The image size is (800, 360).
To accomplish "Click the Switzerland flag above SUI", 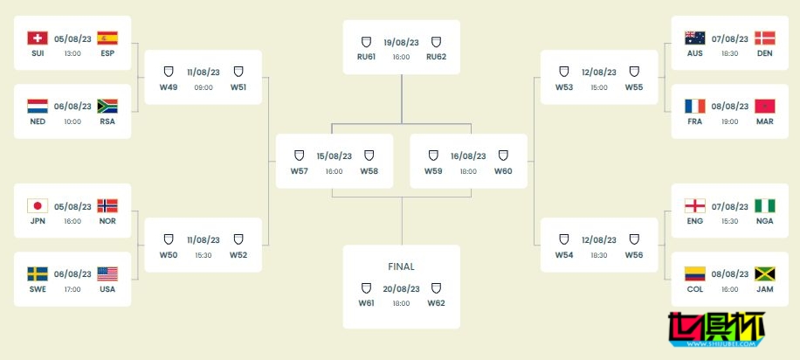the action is (38, 38).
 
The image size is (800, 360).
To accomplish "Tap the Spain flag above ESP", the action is (107, 38).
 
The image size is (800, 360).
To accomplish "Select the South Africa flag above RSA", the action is (107, 107).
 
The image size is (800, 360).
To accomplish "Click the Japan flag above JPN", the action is (38, 206).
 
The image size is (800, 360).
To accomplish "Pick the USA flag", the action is (107, 273).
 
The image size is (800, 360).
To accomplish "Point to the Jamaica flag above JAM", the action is (765, 273).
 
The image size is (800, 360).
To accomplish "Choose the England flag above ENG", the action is (695, 206).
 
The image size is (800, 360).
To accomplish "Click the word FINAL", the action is (402, 267).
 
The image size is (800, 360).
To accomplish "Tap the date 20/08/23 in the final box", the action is (402, 289).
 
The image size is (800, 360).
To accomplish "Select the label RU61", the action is (366, 57).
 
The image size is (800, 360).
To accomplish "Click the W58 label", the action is (369, 171).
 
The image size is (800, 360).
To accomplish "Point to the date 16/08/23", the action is (468, 156).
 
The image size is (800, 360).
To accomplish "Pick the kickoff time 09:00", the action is (203, 87).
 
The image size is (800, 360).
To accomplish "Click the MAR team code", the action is (765, 121).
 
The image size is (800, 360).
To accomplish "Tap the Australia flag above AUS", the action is (695, 38).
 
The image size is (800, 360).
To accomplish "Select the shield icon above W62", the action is (436, 288).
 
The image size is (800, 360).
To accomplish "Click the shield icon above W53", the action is (564, 72).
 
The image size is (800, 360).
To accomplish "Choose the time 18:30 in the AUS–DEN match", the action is (730, 53).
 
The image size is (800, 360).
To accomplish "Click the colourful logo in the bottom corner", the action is (717, 329).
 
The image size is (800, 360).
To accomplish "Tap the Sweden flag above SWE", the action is (38, 273).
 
